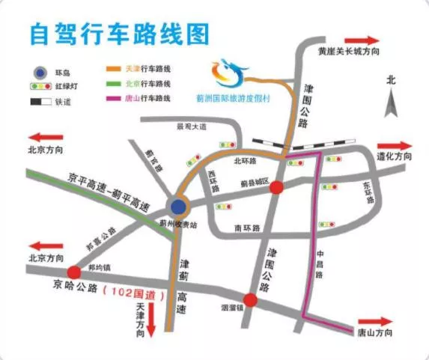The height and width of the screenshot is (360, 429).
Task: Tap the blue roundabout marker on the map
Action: [178, 207]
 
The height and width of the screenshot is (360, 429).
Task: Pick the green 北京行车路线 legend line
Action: [115, 83]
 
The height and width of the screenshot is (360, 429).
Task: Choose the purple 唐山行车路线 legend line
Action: [115, 98]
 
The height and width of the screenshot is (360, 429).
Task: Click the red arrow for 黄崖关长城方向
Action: [364, 40]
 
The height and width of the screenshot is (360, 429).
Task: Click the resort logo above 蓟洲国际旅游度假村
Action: [229, 72]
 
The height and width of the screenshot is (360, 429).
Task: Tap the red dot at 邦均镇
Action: [73, 272]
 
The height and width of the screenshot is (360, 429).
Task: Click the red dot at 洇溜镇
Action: [251, 300]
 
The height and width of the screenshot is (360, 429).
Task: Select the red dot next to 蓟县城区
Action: [276, 188]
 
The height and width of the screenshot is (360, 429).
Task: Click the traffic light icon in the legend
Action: [34, 86]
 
